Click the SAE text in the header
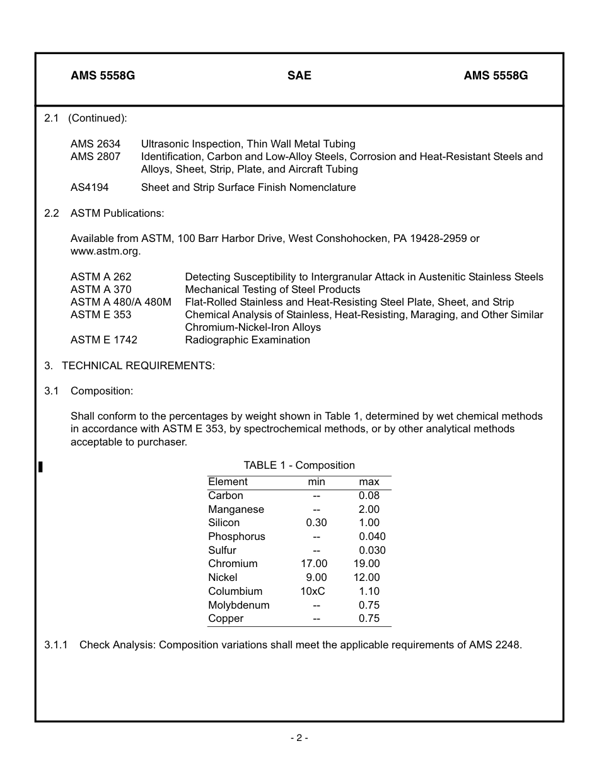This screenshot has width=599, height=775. pos(299,76)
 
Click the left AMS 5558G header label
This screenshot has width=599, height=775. pos(103,76)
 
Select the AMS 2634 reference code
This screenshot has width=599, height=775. pos(95,144)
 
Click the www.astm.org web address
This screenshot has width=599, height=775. pos(105,251)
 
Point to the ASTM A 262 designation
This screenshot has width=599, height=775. pos(101,277)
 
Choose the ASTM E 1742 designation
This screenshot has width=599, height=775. pos(103,340)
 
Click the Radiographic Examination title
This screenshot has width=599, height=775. pos(247,340)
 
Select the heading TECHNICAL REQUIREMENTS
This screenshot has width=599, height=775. pos(138,365)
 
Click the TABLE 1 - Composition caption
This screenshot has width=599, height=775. pos(299,465)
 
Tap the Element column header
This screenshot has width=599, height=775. pos(228,481)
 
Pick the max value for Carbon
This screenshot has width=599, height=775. pos(369,495)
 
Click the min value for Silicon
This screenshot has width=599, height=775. pos(316,522)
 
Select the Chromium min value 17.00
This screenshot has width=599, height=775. pos(314,563)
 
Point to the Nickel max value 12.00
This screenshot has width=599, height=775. pos(366,577)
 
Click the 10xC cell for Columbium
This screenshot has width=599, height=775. pos(313,591)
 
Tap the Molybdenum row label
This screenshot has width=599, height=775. pos(238,605)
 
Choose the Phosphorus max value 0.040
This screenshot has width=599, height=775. pos(372,536)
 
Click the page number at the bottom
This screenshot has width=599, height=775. pos(299,738)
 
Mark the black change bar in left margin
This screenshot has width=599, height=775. pos(40,466)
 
